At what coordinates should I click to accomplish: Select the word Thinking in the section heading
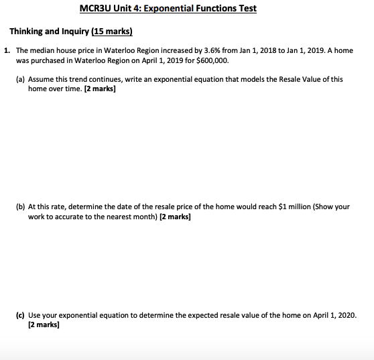point(27,31)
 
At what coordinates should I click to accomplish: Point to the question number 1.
point(6,51)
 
